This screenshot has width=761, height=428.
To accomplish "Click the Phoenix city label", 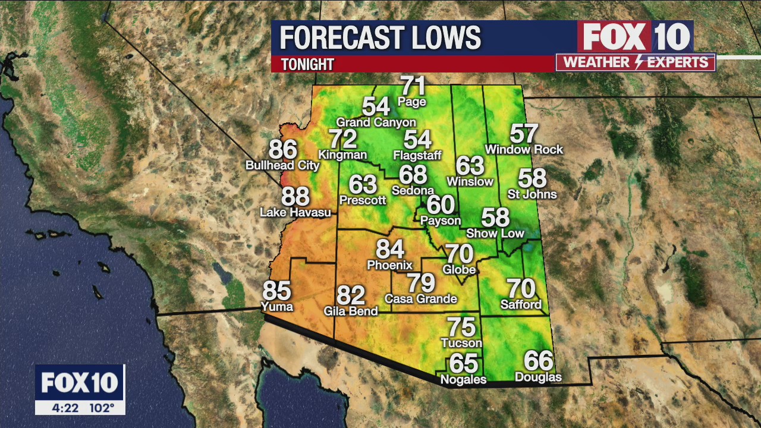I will click(389, 265).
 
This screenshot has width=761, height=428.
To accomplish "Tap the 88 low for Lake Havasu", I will click(295, 196).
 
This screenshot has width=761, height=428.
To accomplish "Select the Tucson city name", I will click(461, 343).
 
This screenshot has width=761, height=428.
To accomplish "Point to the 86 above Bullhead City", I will click(283, 150).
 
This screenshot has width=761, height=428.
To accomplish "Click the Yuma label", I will click(277, 307).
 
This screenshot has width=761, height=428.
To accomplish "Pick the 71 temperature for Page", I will click(413, 86).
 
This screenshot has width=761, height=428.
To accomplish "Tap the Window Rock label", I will click(524, 150).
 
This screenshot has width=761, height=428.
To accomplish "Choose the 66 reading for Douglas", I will click(539, 361).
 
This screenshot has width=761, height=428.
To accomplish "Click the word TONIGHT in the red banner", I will click(307, 64).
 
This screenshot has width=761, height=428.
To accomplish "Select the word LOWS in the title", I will click(442, 38).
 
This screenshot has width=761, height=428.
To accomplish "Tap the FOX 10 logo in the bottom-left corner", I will click(80, 383).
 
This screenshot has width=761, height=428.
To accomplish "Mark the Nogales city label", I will click(463, 379).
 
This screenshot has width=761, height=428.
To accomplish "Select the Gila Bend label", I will click(351, 311).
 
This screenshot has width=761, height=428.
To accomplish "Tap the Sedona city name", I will click(413, 191).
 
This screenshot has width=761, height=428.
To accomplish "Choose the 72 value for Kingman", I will click(343, 140).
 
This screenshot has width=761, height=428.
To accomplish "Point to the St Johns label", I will click(532, 194).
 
